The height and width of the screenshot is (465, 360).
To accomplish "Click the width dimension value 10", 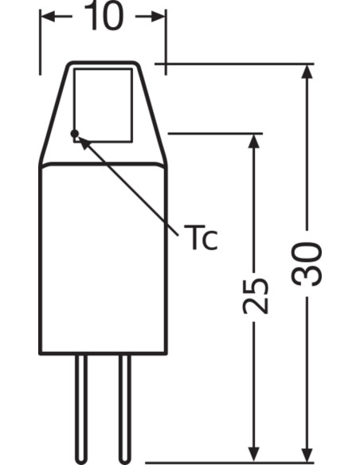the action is point(104,16).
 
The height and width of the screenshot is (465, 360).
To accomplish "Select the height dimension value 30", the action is point(307,264).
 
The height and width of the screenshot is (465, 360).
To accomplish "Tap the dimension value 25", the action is point(256,295).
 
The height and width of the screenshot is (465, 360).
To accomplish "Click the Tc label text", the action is point(201,237).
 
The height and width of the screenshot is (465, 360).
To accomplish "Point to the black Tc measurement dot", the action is point(75,134).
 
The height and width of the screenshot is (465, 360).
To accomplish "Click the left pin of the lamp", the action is point(81,409).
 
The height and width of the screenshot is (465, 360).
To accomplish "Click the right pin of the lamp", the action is point(124,409).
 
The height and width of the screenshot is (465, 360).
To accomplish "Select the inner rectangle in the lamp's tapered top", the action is point(104,105).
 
